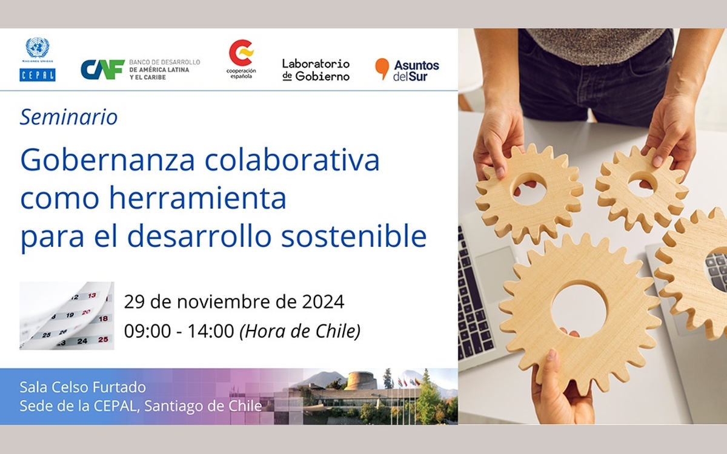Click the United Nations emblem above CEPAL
(x=38, y=48)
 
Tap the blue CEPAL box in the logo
(x=38, y=75)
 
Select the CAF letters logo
(x=102, y=70)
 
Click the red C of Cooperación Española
(x=241, y=53)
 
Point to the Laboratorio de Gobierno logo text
(x=316, y=70)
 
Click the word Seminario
(x=69, y=117)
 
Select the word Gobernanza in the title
(x=107, y=160)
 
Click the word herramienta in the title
(x=198, y=198)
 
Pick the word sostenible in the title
(x=354, y=236)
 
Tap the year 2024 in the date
(x=323, y=302)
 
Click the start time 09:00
(x=147, y=331)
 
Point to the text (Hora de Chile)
(x=300, y=332)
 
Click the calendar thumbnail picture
(x=67, y=315)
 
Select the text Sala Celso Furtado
(x=83, y=387)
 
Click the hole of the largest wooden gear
(x=579, y=309)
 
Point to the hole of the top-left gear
(x=529, y=189)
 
